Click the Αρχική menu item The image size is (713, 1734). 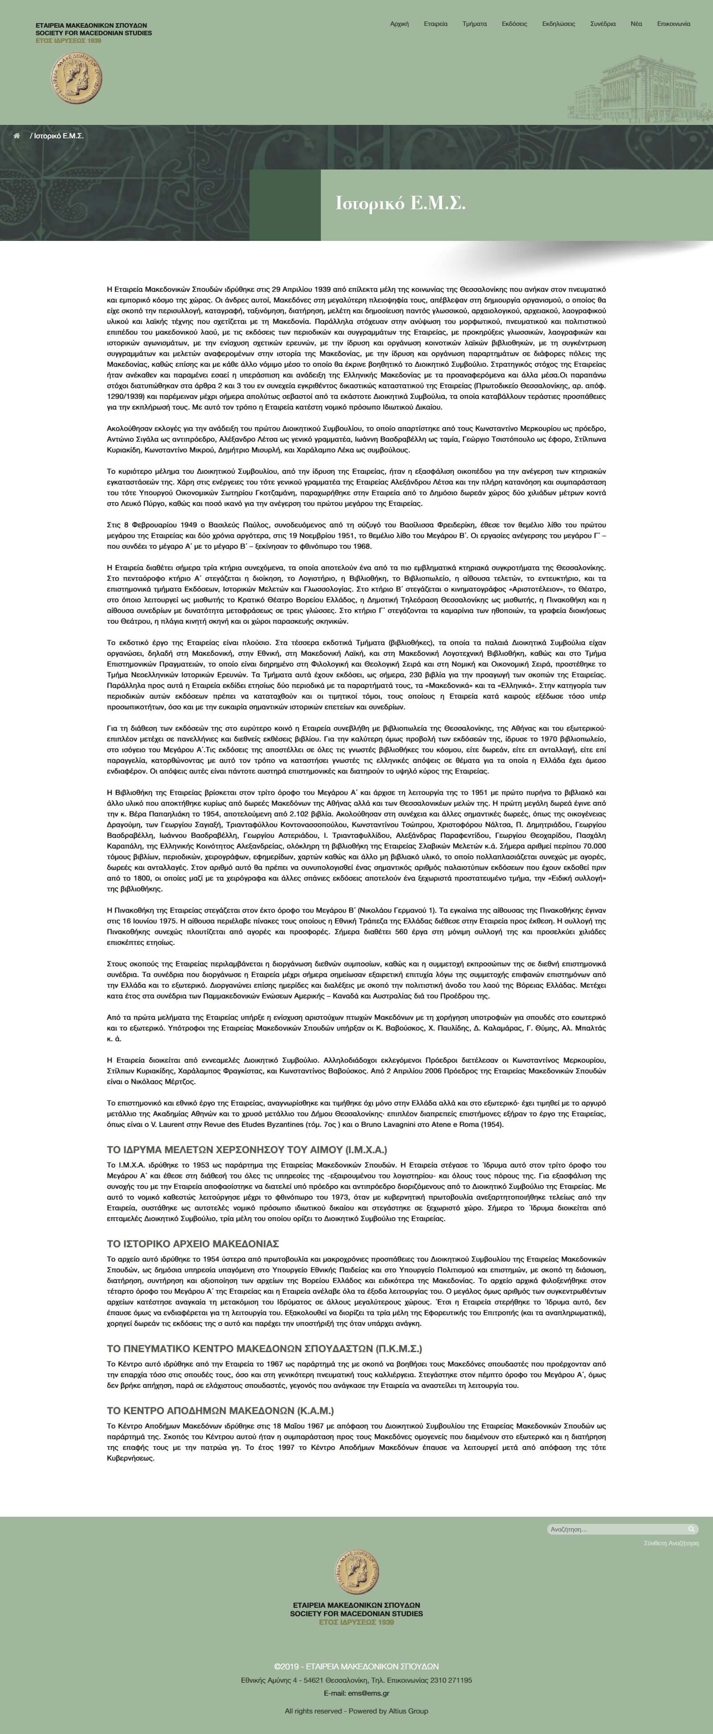tap(400, 24)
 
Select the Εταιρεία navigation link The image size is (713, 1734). tap(435, 24)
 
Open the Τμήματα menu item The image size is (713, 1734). tap(474, 24)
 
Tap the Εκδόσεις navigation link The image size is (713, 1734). tap(514, 24)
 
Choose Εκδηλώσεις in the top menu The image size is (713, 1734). tap(558, 24)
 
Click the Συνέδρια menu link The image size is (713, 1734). tap(602, 24)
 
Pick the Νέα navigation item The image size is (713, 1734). tap(635, 24)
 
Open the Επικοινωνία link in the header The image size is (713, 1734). tap(673, 24)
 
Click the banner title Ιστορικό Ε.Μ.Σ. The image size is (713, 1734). tap(400, 203)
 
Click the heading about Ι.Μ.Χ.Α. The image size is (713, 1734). tap(247, 1149)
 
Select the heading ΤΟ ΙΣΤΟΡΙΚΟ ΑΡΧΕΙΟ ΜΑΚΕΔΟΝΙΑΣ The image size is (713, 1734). tap(193, 1243)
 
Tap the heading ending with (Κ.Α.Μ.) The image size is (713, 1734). tap(220, 1410)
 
